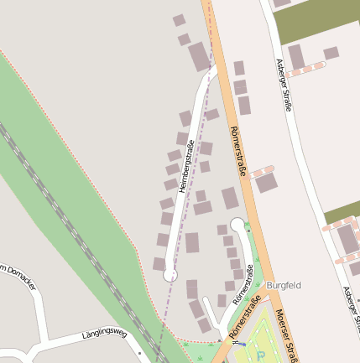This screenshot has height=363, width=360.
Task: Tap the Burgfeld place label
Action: [283, 285]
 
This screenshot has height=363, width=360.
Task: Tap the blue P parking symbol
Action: [261, 355]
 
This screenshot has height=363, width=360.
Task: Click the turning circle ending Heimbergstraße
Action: [170, 274]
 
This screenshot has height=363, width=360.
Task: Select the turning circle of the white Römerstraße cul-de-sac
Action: [237, 224]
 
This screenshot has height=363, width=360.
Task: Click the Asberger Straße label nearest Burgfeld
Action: [348, 310]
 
